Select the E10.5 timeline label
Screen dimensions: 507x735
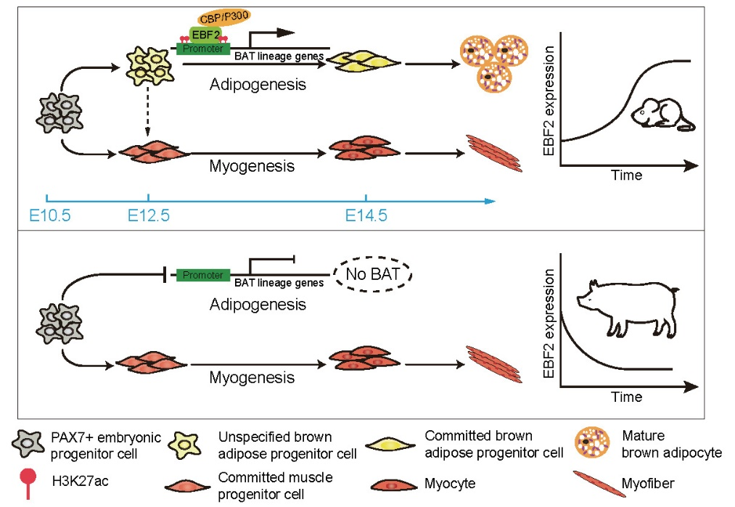point(49,215)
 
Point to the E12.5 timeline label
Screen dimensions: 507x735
point(149,215)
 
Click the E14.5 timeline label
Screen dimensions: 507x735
point(366,215)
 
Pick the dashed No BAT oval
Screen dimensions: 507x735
point(372,275)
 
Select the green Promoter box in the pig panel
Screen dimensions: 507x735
point(203,275)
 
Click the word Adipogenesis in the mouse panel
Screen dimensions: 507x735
point(258,84)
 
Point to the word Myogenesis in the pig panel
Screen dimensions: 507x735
point(252,377)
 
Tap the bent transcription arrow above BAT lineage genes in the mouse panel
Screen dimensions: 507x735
point(272,35)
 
